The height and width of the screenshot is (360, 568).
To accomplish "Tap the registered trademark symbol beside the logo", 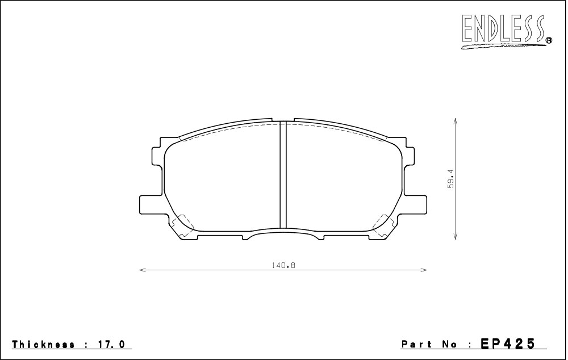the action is coord(549,40).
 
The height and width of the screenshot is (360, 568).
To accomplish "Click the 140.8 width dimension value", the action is coord(283,266).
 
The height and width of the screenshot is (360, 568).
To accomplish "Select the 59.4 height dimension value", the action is coord(450,178).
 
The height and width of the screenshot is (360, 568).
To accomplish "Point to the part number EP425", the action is coord(507,343).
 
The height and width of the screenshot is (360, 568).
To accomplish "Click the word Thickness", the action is coord(44,344).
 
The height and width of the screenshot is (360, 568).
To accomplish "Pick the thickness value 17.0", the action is coord(110,344).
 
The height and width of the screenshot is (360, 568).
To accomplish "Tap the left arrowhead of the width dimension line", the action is coord(143,270).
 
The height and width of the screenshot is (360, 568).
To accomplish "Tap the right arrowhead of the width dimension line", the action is coord(424,270).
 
